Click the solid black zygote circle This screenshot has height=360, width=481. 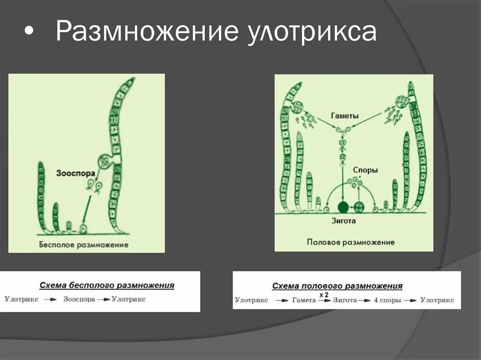point(343,207)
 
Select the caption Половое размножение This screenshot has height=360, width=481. point(350,243)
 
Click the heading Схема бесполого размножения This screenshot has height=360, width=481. point(107,285)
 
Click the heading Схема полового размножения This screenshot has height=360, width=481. point(337,285)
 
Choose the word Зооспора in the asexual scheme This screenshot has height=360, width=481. point(79,299)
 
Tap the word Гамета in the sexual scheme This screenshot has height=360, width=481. point(303,300)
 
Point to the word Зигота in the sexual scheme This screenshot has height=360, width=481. point(345,300)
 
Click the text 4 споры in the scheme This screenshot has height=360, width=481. point(388,300)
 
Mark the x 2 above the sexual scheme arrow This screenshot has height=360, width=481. point(324,294)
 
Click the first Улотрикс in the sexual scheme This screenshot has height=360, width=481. point(251,300)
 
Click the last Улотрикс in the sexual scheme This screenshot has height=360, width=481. point(437,300)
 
